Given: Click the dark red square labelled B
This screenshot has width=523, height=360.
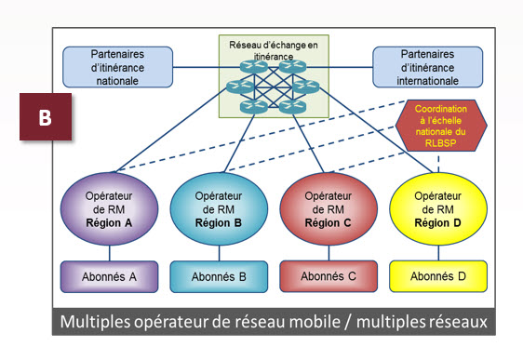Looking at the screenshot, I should [45, 119].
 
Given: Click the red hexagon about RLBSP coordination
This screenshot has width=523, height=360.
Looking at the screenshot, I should [436, 127].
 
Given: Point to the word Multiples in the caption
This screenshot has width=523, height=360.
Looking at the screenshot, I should [99, 321].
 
